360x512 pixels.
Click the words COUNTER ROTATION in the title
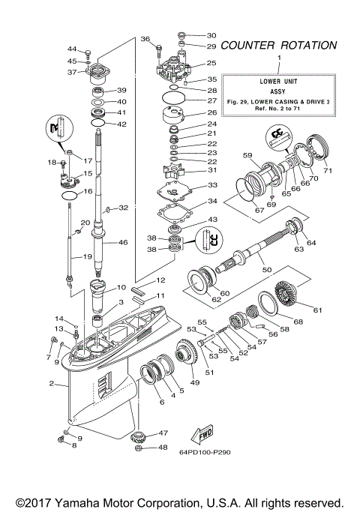tap(279, 46)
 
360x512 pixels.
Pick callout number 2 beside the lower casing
tap(52, 385)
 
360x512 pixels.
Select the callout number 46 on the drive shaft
tap(123, 243)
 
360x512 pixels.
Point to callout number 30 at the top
tap(211, 35)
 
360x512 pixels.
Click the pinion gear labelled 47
tap(139, 438)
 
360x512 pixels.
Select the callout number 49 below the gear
tap(195, 382)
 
